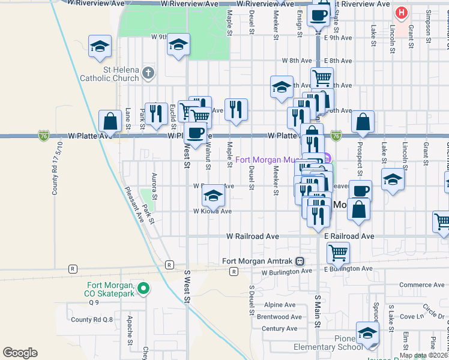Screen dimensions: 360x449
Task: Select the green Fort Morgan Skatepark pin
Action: pyautogui.click(x=143, y=289)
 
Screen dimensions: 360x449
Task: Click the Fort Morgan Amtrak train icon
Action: pyautogui.click(x=300, y=261)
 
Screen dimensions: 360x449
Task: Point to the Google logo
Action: pyautogui.click(x=20, y=353)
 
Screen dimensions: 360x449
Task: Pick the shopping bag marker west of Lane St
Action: pyautogui.click(x=110, y=122)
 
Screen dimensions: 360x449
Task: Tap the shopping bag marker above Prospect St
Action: pyautogui.click(x=363, y=123)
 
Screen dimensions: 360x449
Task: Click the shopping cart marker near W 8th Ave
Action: pyautogui.click(x=322, y=77)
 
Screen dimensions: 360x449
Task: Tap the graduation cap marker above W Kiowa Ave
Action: pyautogui.click(x=213, y=196)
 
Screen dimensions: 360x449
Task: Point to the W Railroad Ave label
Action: pyautogui.click(x=252, y=236)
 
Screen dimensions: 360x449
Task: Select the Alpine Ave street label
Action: pyautogui.click(x=279, y=305)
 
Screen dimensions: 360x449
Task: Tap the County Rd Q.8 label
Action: pyautogui.click(x=92, y=319)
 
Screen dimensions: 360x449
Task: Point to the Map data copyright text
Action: pyautogui.click(x=424, y=355)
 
